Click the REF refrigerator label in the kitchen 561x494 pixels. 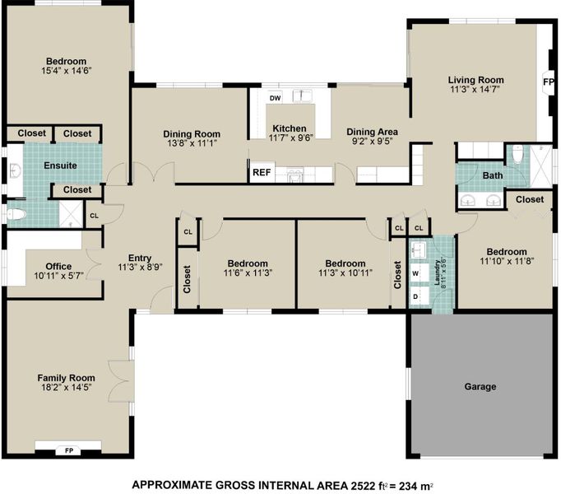point(262,173)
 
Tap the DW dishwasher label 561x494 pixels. point(275,98)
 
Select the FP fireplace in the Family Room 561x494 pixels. point(69,450)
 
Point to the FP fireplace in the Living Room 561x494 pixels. point(548,82)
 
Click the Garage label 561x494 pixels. point(480,386)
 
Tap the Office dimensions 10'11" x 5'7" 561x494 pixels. point(58,276)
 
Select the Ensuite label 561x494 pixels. point(60,165)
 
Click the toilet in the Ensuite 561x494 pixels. point(16,215)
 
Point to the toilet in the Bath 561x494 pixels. point(517,155)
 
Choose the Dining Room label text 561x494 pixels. point(192,134)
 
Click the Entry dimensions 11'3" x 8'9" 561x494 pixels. point(140,268)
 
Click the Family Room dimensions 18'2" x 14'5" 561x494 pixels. point(66,387)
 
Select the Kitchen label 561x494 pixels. point(290,128)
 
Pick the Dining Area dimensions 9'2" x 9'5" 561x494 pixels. point(373,141)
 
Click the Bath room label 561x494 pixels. point(493,175)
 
